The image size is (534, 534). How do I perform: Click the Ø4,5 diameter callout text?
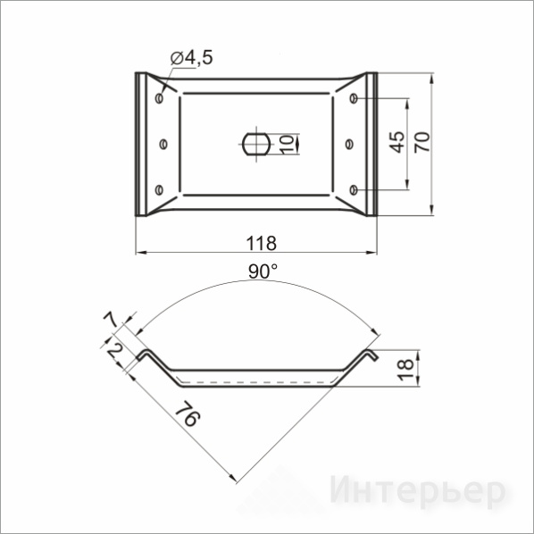pyautogui.click(x=191, y=57)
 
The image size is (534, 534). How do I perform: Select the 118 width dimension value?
pyautogui.click(x=262, y=243)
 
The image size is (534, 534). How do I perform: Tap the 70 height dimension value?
pyautogui.click(x=422, y=142)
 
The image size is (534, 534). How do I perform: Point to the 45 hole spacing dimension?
pyautogui.click(x=396, y=142)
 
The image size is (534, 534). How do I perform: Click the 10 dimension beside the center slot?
pyautogui.click(x=288, y=144)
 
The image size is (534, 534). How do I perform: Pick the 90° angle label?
pyautogui.click(x=263, y=271)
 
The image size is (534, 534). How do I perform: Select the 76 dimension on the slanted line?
pyautogui.click(x=188, y=413)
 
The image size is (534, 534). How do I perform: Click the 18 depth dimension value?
pyautogui.click(x=405, y=370)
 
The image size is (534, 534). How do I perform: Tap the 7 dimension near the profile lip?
pyautogui.click(x=112, y=320)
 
